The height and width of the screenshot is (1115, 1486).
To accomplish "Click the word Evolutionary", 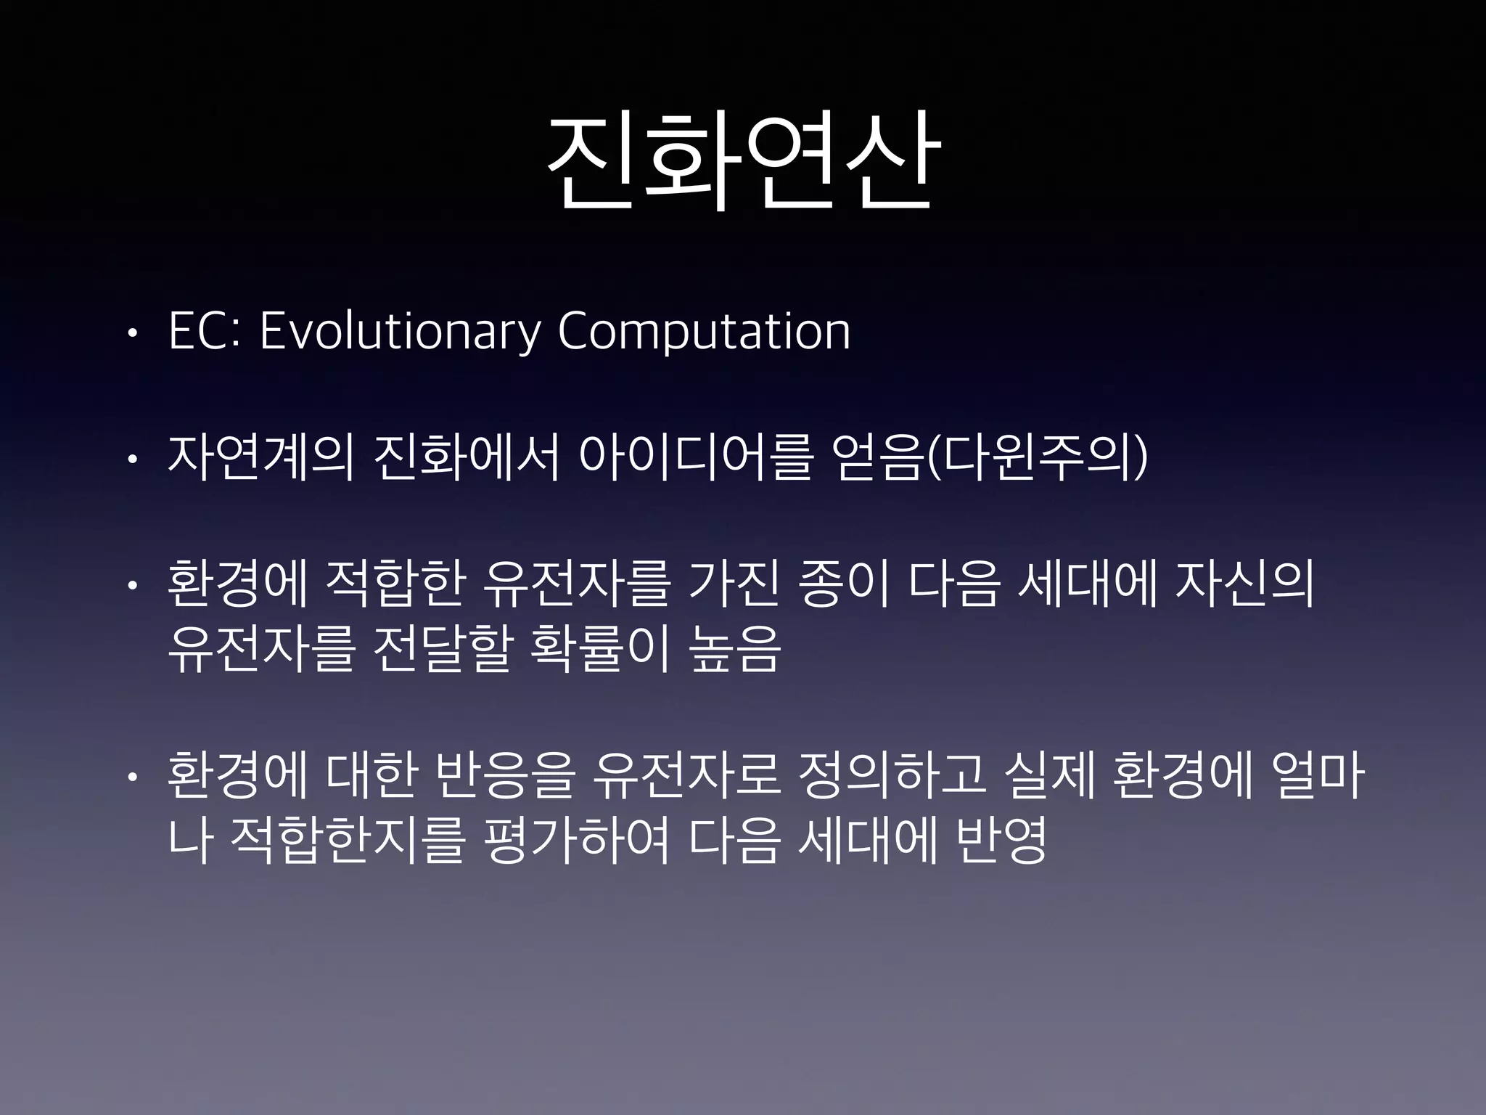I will click(400, 333).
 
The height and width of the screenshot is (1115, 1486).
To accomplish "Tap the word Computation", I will click(703, 333).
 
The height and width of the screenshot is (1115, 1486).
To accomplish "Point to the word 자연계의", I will click(260, 459).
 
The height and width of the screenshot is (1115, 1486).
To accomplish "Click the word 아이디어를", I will click(694, 459).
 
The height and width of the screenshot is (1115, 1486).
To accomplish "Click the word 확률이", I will click(599, 648).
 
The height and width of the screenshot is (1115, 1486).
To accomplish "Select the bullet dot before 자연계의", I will click(131, 460).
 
